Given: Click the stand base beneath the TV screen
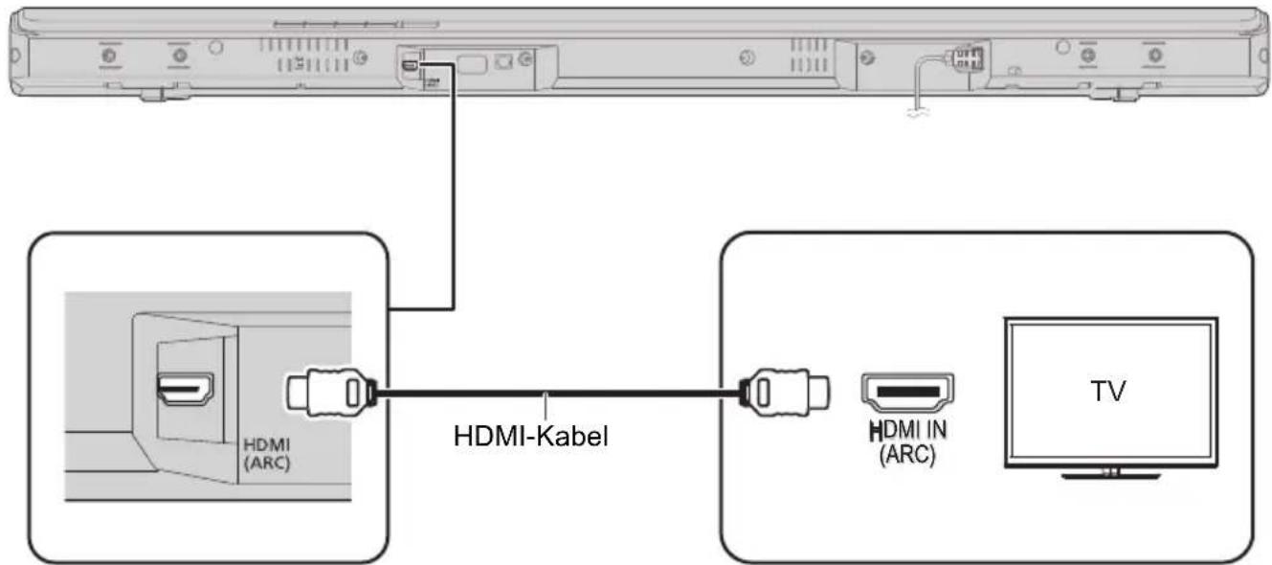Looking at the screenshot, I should click(1109, 473).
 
